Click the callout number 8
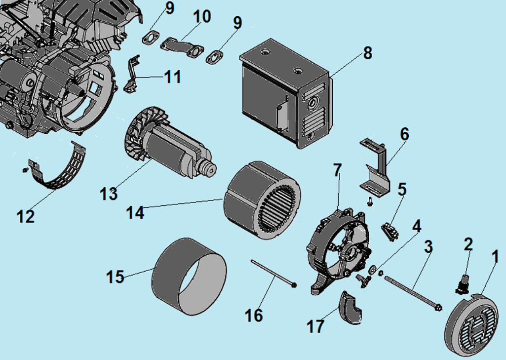pyautogui.click(x=367, y=53)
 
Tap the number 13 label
pyautogui.click(x=109, y=193)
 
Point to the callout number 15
pyautogui.click(x=116, y=276)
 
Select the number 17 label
pyautogui.click(x=316, y=325)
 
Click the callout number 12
pyautogui.click(x=25, y=215)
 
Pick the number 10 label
pyautogui.click(x=201, y=16)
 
